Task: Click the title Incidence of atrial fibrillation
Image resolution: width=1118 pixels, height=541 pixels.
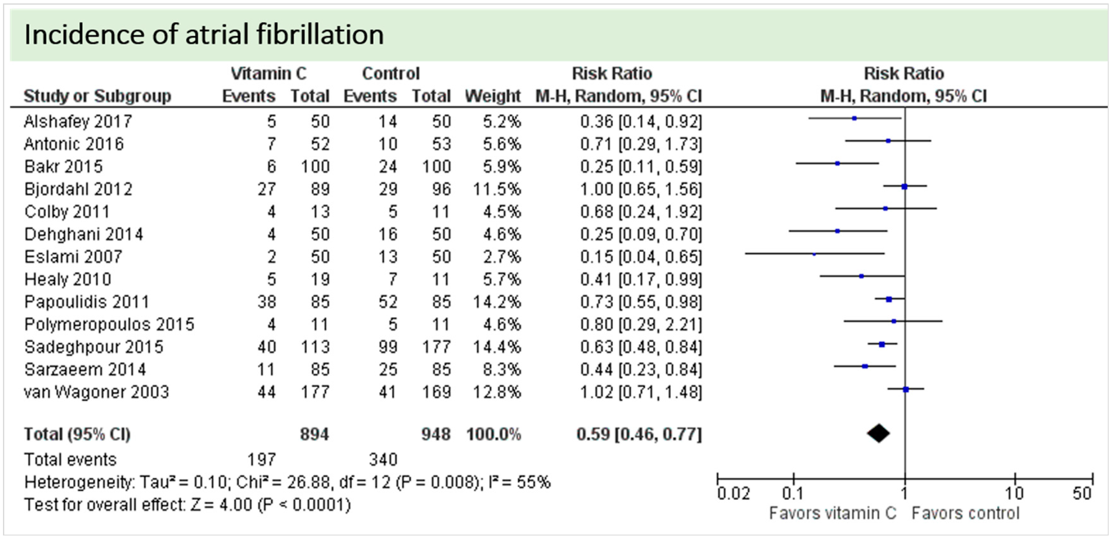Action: (x=204, y=35)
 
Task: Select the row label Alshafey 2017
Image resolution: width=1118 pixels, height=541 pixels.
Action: (x=78, y=122)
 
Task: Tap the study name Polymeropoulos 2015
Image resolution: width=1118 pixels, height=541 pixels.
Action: (x=109, y=325)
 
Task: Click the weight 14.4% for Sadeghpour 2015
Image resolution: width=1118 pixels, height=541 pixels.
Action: (x=497, y=347)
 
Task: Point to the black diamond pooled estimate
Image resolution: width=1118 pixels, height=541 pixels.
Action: (x=879, y=433)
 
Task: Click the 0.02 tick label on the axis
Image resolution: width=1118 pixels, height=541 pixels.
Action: (x=733, y=494)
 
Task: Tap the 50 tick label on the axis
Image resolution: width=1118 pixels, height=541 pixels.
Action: (x=1081, y=494)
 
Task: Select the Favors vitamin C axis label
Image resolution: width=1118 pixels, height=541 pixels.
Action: (x=832, y=514)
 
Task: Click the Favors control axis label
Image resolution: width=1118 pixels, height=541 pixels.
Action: (x=965, y=514)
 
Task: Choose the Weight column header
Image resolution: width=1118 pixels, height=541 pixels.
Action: (x=493, y=96)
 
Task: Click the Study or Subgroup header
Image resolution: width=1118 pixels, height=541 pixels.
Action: (x=98, y=96)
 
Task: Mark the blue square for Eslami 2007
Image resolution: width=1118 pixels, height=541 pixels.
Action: (x=814, y=254)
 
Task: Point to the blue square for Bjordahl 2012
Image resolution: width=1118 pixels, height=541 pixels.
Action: (x=905, y=187)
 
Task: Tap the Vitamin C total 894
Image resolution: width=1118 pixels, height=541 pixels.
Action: (x=314, y=434)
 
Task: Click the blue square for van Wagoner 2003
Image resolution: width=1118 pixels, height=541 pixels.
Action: (x=906, y=390)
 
